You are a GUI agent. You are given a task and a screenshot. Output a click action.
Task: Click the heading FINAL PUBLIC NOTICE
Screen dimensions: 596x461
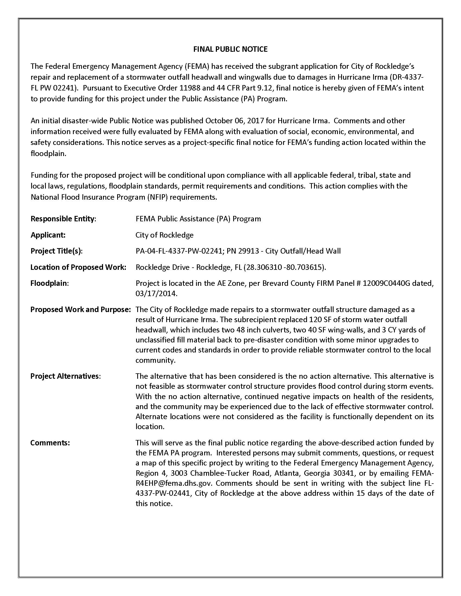click(230, 49)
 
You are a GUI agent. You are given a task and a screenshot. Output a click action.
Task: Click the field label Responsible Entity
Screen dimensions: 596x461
click(63, 219)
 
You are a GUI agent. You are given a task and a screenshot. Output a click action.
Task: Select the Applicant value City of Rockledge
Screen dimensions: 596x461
click(164, 235)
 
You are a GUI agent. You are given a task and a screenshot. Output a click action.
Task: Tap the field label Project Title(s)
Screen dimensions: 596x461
click(56, 251)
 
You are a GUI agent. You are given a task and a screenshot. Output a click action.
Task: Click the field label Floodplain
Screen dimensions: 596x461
click(49, 283)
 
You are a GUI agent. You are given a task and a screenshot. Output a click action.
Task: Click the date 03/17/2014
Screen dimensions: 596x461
click(156, 293)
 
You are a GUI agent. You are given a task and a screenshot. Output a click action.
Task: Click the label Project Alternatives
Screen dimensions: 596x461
click(65, 376)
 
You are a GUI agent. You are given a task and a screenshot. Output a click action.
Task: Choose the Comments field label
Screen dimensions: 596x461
click(50, 443)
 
